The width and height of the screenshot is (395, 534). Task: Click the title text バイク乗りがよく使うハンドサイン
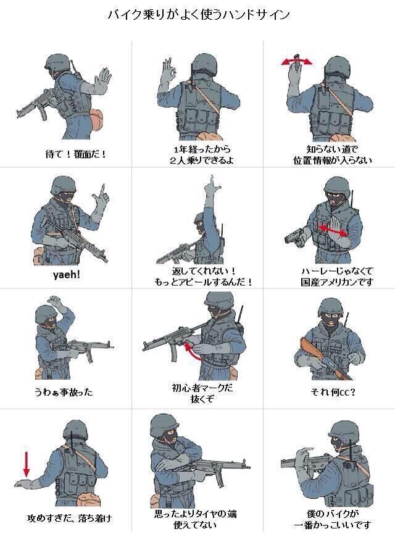pyautogui.click(x=199, y=15)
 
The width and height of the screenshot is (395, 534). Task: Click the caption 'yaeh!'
pyautogui.click(x=67, y=274)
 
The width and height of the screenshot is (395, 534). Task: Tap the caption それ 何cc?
pyautogui.click(x=333, y=393)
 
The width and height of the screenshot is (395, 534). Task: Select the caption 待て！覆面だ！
pyautogui.click(x=75, y=154)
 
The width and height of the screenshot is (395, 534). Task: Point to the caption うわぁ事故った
pyautogui.click(x=64, y=392)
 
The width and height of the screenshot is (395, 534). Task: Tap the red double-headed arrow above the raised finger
pyautogui.click(x=297, y=62)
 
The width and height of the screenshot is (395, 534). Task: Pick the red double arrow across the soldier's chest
pyautogui.click(x=333, y=230)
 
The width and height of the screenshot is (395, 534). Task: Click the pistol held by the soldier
pyautogui.click(x=294, y=236)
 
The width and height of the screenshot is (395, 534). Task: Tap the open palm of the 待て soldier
pyautogui.click(x=102, y=80)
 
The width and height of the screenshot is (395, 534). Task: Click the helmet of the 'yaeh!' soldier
pyautogui.click(x=64, y=186)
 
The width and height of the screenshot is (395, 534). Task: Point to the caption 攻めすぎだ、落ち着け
pyautogui.click(x=70, y=519)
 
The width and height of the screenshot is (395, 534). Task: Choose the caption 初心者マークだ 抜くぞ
pyautogui.click(x=202, y=393)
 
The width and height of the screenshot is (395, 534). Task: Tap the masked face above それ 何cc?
pyautogui.click(x=331, y=322)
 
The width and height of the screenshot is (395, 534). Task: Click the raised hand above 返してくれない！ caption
pyautogui.click(x=211, y=186)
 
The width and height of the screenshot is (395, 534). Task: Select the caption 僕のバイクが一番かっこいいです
pyautogui.click(x=332, y=519)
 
